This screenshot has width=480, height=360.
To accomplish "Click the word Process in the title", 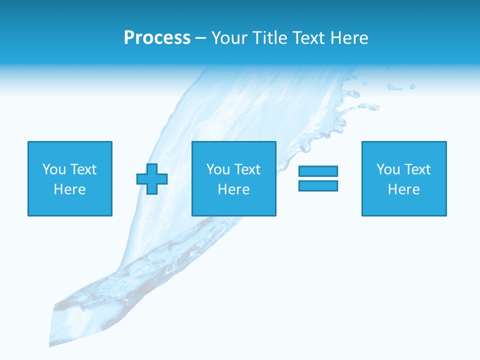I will (x=157, y=38).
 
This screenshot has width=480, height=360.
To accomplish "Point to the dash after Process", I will (x=200, y=38).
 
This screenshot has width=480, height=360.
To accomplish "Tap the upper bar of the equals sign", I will (x=318, y=171).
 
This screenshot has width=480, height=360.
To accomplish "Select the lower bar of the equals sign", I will (x=318, y=185).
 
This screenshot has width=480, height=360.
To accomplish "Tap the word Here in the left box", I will (x=70, y=189).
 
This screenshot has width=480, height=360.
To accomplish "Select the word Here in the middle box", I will (x=234, y=189).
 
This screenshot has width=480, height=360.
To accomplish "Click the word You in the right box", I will (x=388, y=169).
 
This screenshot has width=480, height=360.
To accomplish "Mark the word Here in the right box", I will (x=404, y=189).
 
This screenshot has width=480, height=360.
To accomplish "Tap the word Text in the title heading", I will (x=306, y=38).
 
